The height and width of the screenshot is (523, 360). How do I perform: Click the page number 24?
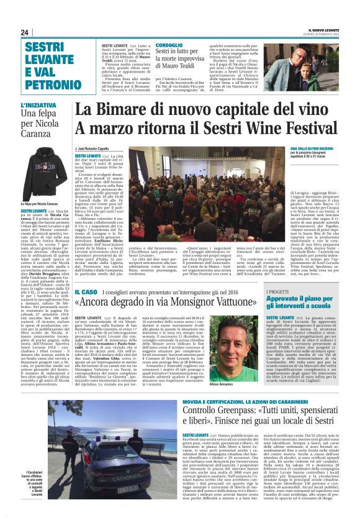click(25, 32)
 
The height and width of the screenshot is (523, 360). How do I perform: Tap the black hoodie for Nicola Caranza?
click(44, 175)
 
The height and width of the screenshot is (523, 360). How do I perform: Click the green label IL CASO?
click(84, 291)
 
